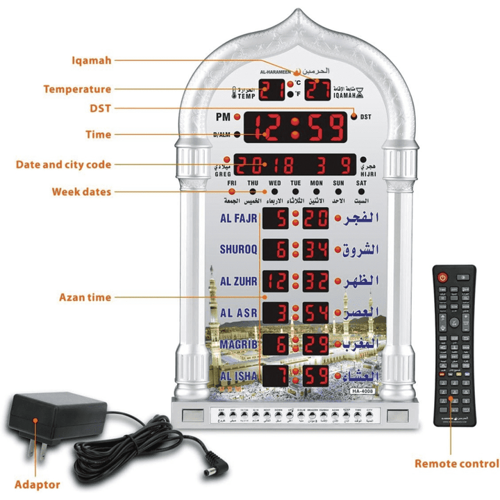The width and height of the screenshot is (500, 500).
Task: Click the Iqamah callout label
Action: (92, 60)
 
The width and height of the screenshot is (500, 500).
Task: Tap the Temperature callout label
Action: (77, 89)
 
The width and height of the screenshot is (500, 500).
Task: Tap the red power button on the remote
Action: (442, 277)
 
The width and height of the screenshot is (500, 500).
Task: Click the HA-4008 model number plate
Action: (362, 392)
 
